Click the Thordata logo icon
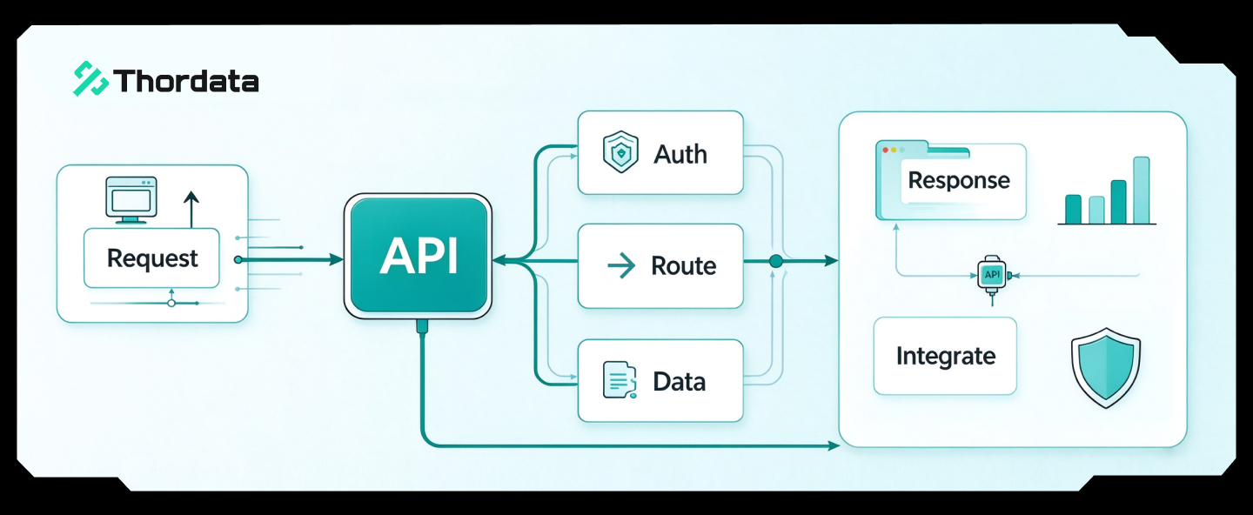coord(90,78)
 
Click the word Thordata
coord(186,81)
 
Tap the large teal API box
coord(418,256)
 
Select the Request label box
coord(151,257)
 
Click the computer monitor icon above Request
coord(131,200)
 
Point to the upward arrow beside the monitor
coord(191,209)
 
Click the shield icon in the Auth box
coord(620,151)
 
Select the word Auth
coord(680,154)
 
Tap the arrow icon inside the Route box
coord(621,265)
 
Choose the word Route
coord(684,266)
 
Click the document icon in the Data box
coord(620,380)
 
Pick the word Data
coord(679,382)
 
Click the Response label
coord(959,181)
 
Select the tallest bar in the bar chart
coord(1142,191)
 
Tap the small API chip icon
coord(992,275)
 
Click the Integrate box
coord(945,356)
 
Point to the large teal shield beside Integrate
coord(1106,368)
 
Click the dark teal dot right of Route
coord(776,261)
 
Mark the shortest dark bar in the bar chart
coord(1074,209)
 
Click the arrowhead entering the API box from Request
coord(337,259)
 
